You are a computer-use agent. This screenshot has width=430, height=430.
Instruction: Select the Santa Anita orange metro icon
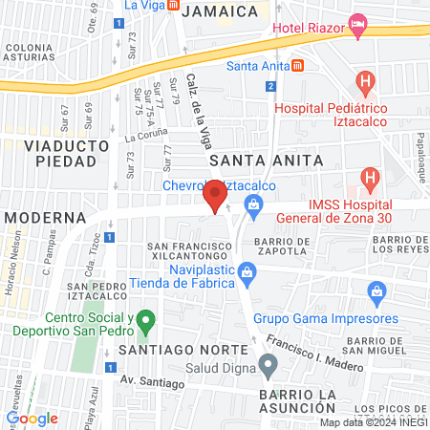pos(298,66)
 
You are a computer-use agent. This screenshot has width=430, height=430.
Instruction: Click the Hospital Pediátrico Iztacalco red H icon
pos(364,82)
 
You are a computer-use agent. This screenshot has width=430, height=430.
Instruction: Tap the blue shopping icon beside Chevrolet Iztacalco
pos(253,203)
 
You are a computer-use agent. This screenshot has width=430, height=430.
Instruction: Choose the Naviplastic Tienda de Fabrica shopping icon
pos(247,272)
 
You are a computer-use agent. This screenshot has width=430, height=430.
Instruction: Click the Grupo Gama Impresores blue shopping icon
pos(377,290)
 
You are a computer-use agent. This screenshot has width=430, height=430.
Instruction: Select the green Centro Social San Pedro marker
pos(145,320)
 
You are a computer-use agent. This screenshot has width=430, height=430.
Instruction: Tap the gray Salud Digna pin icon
pos(269,363)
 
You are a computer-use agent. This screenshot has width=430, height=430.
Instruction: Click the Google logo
pos(32,418)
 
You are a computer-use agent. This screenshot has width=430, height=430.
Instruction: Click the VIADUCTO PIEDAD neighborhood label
pos(61,153)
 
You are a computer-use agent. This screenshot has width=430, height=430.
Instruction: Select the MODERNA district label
pos(45,218)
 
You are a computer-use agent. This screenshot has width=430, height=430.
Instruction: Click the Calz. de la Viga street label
pos(200,111)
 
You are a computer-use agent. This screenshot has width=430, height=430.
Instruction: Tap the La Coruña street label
pos(145,137)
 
